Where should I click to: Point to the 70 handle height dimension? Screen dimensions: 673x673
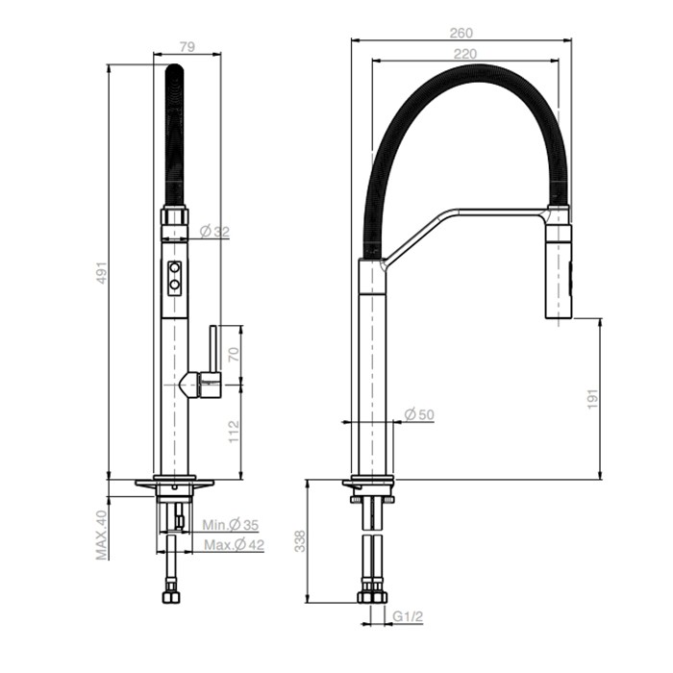point(232,354)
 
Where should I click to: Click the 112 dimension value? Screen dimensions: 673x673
point(232,431)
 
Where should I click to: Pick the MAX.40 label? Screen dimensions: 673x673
point(101,535)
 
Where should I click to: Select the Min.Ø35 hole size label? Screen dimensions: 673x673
point(230,525)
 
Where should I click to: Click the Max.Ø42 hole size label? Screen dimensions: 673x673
point(232,545)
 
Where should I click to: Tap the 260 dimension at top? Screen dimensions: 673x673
point(461,32)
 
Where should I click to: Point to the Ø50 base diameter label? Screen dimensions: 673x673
point(419,414)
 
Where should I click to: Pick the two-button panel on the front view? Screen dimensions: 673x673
point(175,277)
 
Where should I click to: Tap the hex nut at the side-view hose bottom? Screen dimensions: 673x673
point(371,595)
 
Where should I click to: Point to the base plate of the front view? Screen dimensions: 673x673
point(174,480)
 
